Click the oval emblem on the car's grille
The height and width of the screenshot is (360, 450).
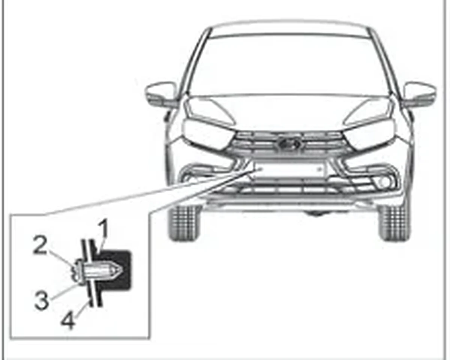[x=289, y=143]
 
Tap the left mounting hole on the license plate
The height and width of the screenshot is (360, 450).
[x=259, y=169]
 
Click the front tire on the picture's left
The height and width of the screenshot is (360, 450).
[x=184, y=223]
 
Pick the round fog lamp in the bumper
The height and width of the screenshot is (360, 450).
[x=384, y=182]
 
